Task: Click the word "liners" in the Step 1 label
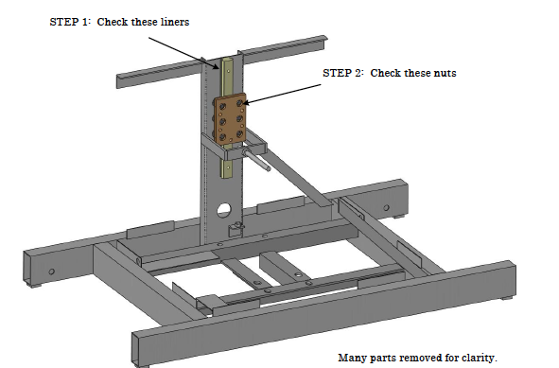pos(175,22)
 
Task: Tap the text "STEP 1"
pos(68,22)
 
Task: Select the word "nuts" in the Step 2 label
pos(445,73)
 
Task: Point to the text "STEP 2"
pos(341,73)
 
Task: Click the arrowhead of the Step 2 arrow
pos(246,103)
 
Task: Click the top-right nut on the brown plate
pos(240,103)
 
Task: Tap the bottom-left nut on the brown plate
pos(222,137)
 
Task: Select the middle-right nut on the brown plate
pos(240,118)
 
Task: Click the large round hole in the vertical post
pos(224,210)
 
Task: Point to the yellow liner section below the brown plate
pos(226,168)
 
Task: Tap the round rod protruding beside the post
pos(256,160)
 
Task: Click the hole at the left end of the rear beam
pos(52,272)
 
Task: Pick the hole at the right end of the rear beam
pos(386,207)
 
